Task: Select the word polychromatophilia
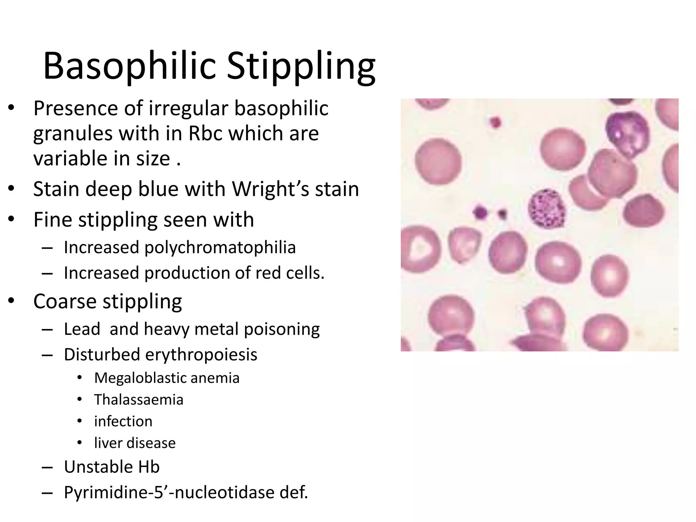(220, 247)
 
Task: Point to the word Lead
(82, 329)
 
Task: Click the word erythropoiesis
(201, 354)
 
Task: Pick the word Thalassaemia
(139, 400)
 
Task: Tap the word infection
(123, 421)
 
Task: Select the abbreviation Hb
(149, 467)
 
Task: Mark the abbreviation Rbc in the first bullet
(205, 133)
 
